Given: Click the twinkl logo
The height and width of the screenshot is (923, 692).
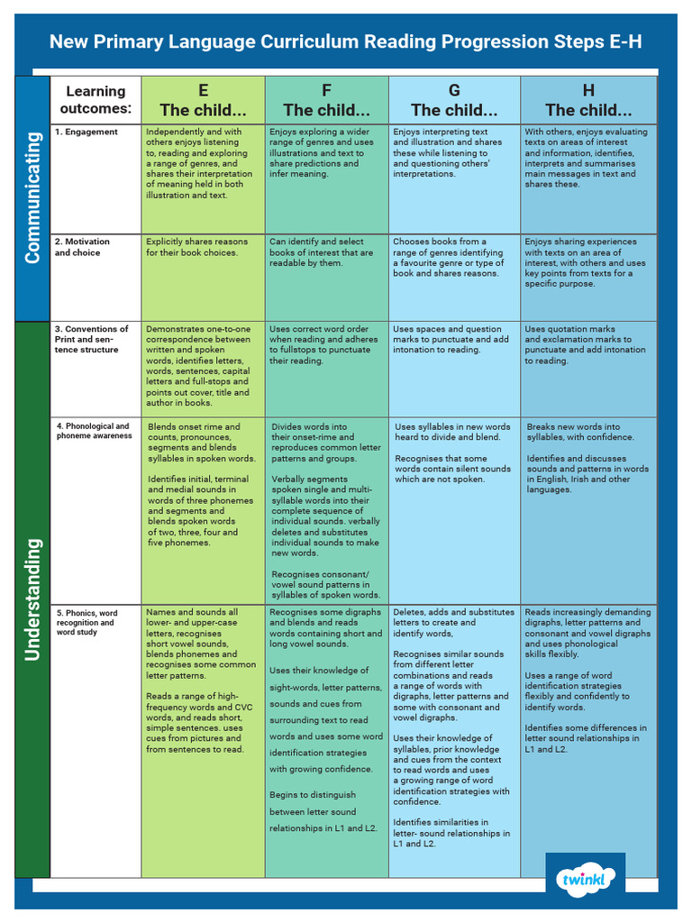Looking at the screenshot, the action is (x=585, y=879).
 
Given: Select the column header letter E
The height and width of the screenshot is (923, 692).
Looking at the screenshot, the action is (x=203, y=90).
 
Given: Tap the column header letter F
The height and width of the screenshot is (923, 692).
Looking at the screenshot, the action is (x=326, y=90).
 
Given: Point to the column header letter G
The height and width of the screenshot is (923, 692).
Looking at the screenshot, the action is (x=454, y=90).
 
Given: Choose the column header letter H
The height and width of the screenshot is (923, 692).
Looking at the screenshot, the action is (x=588, y=90).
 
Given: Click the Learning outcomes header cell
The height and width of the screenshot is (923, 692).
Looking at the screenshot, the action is (x=96, y=100).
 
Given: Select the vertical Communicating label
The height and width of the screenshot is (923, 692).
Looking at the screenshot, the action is (x=32, y=198).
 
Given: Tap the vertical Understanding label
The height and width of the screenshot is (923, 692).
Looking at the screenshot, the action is (x=32, y=599).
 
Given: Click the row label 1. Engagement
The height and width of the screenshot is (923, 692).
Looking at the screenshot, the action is (x=86, y=132).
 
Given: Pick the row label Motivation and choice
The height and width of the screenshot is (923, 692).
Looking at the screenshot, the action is (x=82, y=247).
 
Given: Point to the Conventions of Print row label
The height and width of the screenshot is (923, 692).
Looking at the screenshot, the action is (x=91, y=339).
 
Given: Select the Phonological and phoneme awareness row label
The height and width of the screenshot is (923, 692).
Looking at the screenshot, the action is (x=94, y=431).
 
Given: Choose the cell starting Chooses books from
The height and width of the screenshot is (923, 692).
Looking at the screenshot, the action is (x=451, y=257).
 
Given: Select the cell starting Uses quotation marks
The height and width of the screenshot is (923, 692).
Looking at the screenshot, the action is (x=585, y=344).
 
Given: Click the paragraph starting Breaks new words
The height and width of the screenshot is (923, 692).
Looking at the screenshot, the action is (x=580, y=432).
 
